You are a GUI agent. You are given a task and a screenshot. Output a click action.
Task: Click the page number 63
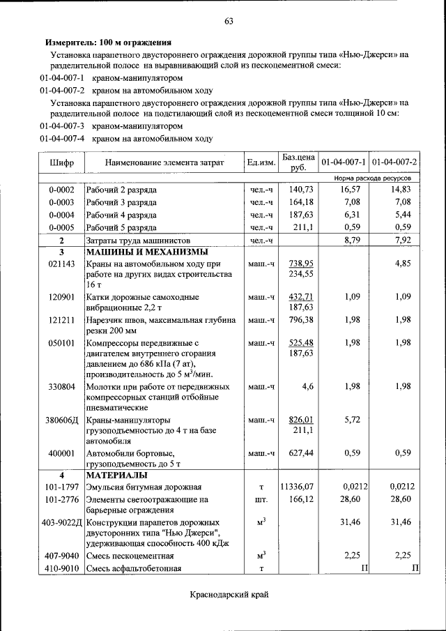(228, 21)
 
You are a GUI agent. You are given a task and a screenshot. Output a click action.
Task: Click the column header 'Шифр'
(61, 162)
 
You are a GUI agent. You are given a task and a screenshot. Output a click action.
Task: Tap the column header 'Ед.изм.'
(261, 162)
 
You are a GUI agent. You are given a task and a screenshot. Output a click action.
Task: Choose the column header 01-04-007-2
(394, 162)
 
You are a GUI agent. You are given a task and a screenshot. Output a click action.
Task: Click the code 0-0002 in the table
(61, 190)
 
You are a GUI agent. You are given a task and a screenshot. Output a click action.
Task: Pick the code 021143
(61, 264)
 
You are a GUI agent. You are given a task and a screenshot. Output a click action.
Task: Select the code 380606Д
(63, 420)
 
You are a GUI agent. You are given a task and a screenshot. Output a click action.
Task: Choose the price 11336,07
(298, 487)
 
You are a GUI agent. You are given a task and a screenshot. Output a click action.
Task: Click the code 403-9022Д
(61, 522)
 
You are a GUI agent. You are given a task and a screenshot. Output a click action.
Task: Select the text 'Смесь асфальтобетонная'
(133, 568)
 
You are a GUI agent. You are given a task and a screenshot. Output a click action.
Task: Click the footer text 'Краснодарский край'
(229, 595)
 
